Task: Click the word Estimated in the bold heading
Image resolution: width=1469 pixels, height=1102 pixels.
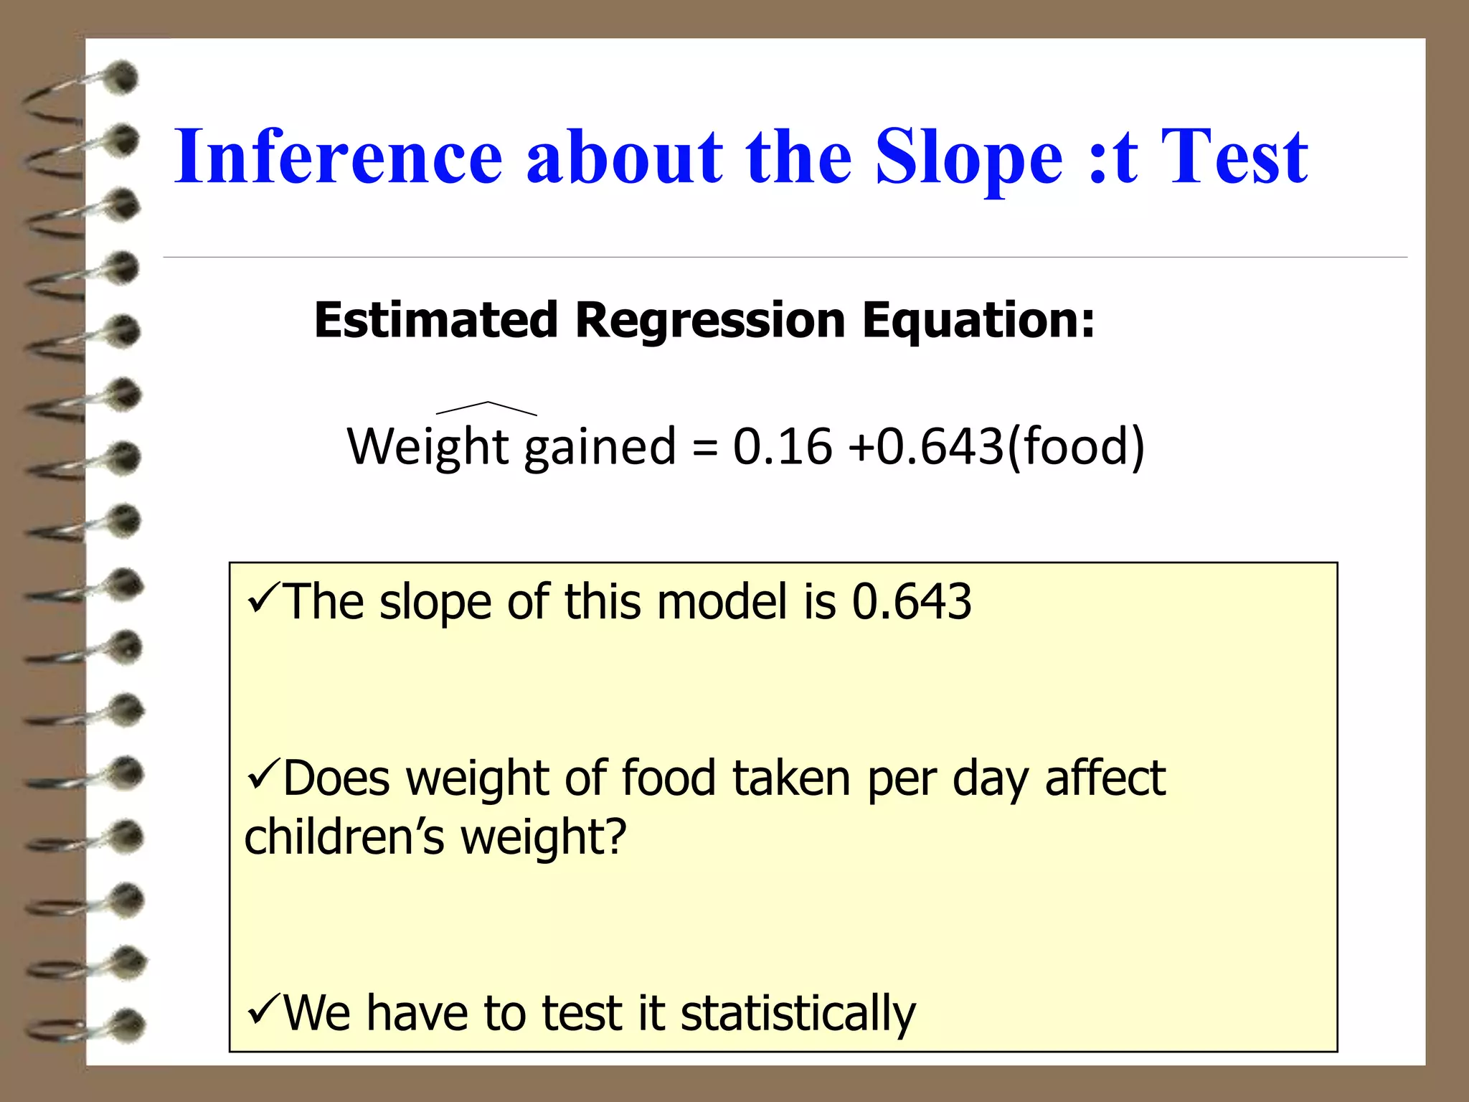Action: [x=436, y=320]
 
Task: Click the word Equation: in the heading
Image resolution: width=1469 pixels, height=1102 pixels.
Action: [x=978, y=320]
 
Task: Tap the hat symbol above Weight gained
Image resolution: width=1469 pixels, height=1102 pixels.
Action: [x=487, y=408]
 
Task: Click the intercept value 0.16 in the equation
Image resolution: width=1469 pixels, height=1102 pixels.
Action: [x=782, y=446]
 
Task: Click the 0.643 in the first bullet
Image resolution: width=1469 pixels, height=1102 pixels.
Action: [x=911, y=601]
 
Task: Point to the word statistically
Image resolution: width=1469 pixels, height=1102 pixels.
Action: [x=798, y=1013]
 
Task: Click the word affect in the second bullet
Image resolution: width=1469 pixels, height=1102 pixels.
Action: [x=1105, y=778]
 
